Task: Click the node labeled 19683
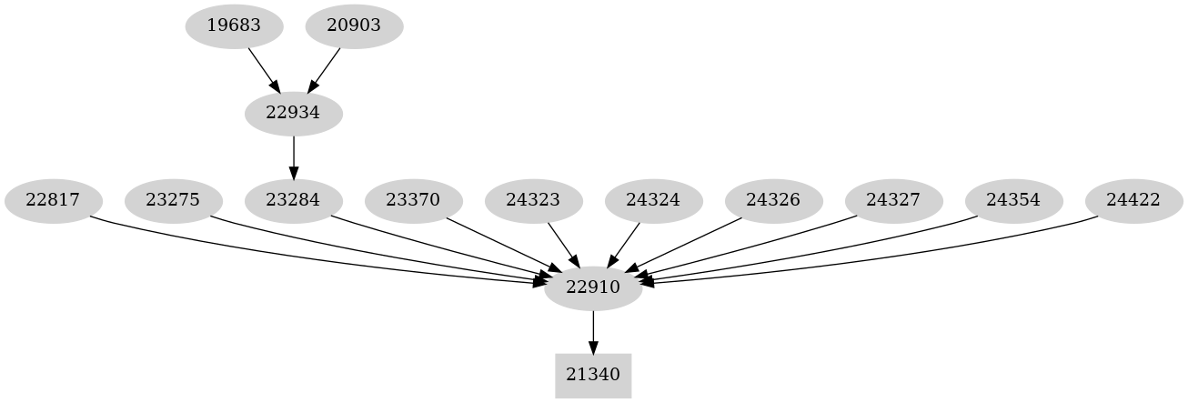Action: tap(234, 25)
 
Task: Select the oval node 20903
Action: tap(354, 25)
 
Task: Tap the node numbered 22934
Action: tap(294, 113)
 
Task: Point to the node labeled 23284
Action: tap(294, 200)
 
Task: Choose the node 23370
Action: tap(414, 200)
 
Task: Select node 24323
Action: tap(533, 200)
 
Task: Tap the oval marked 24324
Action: tap(653, 200)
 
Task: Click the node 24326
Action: tap(773, 200)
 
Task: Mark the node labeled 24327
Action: tap(893, 200)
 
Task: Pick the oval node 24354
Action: tap(1013, 200)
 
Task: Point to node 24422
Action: tap(1134, 200)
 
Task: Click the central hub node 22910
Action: tap(593, 287)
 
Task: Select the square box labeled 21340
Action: tap(593, 374)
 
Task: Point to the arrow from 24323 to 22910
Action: tap(563, 244)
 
